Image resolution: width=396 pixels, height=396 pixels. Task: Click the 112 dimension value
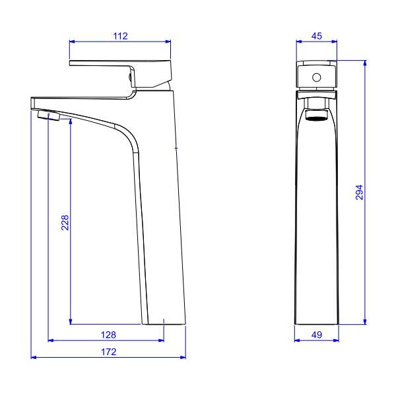pyautogui.click(x=120, y=36)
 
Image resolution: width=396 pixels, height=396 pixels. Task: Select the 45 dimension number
pyautogui.click(x=316, y=36)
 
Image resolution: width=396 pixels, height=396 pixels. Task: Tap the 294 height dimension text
pyautogui.click(x=359, y=193)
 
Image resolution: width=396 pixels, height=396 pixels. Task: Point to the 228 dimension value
pyautogui.click(x=65, y=222)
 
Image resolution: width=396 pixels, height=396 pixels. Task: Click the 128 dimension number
pyautogui.click(x=108, y=335)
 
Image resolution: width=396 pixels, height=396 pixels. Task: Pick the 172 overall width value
pyautogui.click(x=109, y=352)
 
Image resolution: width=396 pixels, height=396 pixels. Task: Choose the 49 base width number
pyautogui.click(x=316, y=335)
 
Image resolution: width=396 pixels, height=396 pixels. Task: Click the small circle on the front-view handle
pyautogui.click(x=316, y=77)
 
